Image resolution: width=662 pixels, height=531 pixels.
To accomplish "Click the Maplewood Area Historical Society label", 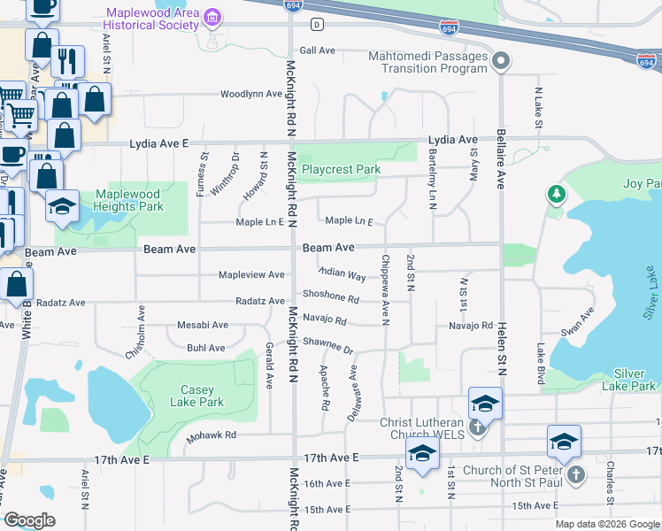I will tap(152, 19).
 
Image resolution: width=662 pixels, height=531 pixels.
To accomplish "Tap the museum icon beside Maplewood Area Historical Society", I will tap(212, 19).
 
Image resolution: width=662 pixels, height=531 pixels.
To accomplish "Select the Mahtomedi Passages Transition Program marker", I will tap(501, 61).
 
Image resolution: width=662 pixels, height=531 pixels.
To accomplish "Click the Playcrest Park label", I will tap(341, 169).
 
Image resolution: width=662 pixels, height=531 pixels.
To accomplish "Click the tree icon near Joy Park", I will tap(556, 193).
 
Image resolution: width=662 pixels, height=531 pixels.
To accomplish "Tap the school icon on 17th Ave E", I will tap(423, 453).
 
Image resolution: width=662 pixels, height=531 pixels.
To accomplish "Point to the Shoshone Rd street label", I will tap(330, 298).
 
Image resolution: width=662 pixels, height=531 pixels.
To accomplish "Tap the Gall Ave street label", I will tap(318, 50).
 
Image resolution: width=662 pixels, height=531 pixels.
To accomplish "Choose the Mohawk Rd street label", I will tap(212, 435).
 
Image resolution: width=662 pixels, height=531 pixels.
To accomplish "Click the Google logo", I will tap(29, 520).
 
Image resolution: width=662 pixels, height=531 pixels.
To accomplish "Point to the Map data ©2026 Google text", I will tap(606, 524).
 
